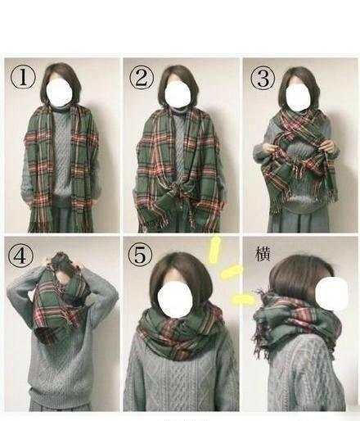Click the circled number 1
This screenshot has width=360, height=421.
[x=23, y=77]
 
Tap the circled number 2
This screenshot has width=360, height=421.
[x=142, y=78]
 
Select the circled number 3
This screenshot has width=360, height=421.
[x=263, y=79]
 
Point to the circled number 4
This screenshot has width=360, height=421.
[x=20, y=256]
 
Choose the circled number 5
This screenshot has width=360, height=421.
[x=140, y=254]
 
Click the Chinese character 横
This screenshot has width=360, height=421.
[x=263, y=254]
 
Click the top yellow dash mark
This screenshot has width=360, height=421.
[x=214, y=250]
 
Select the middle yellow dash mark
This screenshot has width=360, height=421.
[x=232, y=272]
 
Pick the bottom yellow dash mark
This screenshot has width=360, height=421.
[x=243, y=299]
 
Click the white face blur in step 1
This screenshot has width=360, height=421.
[x=60, y=92]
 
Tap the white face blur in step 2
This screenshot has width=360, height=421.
[x=178, y=94]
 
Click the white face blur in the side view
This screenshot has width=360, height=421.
[x=331, y=292]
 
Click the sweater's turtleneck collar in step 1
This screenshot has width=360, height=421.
[x=60, y=110]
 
